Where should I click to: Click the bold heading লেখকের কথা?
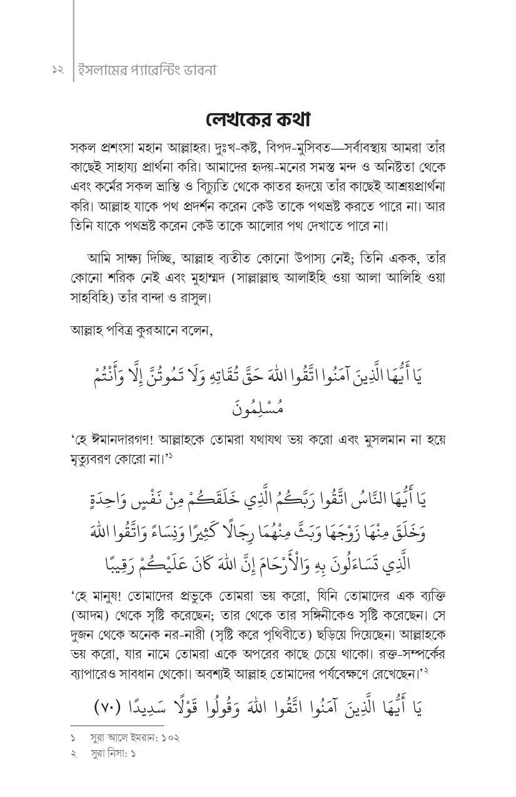point(258,119)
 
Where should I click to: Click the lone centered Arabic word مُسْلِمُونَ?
point(258,409)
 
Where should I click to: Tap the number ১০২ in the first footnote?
point(170,738)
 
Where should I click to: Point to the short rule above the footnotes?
point(118,726)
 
